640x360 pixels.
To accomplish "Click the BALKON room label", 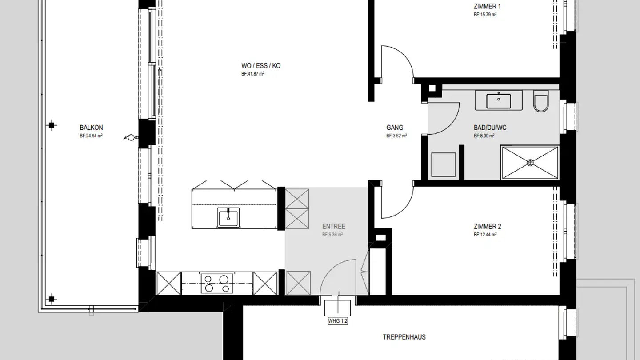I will click(x=91, y=128).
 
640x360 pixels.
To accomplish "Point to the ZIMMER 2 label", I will click(x=488, y=226).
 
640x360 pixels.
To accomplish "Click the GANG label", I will click(x=395, y=128).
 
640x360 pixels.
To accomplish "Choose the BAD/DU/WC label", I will click(x=490, y=128).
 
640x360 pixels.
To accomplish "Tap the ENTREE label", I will click(x=333, y=226).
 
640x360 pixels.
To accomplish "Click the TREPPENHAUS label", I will click(x=404, y=337).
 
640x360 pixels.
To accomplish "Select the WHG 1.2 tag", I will click(x=337, y=320).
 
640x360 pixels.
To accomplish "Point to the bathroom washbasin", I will click(x=498, y=100).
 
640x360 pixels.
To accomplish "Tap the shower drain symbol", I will click(x=530, y=163).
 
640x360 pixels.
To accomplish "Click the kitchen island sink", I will click(x=228, y=217).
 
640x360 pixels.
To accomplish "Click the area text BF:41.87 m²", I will click(x=253, y=74).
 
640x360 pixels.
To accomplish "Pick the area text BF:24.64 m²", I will click(x=91, y=136).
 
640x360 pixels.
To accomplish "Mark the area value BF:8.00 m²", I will click(x=484, y=136).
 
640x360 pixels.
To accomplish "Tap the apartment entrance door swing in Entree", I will click(x=338, y=278).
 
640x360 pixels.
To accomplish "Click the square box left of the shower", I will click(x=444, y=165).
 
